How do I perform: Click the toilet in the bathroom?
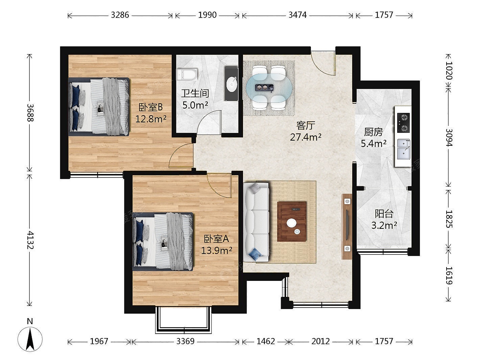pyautogui.click(x=187, y=74)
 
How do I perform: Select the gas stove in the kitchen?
pyautogui.click(x=403, y=123)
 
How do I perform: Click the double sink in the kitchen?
pyautogui.click(x=404, y=150)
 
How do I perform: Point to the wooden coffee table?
pyautogui.click(x=292, y=221)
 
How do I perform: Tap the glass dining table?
pyautogui.click(x=269, y=88)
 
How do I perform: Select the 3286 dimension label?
pyautogui.click(x=120, y=15)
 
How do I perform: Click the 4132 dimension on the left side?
pyautogui.click(x=30, y=240)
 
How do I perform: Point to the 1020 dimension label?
pyautogui.click(x=449, y=70)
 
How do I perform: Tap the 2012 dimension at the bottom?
pyautogui.click(x=320, y=341)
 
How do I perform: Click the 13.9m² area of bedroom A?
pyautogui.click(x=216, y=250)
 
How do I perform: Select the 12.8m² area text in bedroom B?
pyautogui.click(x=151, y=119)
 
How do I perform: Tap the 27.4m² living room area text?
pyautogui.click(x=306, y=137)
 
